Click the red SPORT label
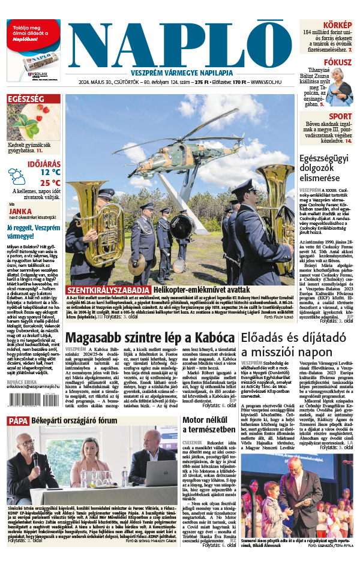[x=340, y=116]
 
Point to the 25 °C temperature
[x=50, y=183]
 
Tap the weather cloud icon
[x=17, y=176]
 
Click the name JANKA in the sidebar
[x=20, y=211]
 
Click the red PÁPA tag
[x=18, y=421]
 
